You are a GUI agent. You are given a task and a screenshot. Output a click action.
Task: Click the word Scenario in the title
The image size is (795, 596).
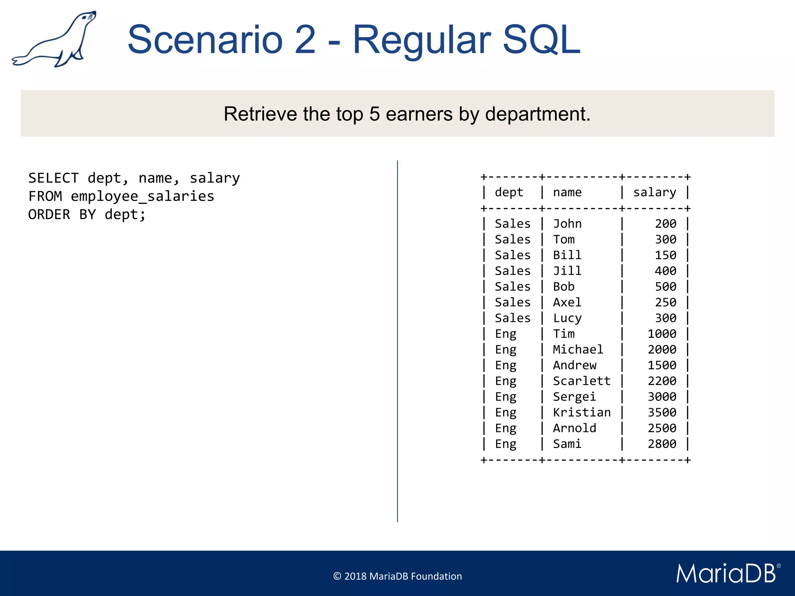coord(205,40)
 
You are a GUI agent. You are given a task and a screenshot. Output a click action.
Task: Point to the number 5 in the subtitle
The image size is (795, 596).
coord(374,114)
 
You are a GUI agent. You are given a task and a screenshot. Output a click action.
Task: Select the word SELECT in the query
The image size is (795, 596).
coord(54,178)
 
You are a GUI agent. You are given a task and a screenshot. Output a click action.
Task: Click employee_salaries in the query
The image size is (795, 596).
coord(142,196)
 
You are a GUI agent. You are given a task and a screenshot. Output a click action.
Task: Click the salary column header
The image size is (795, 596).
coord(654,192)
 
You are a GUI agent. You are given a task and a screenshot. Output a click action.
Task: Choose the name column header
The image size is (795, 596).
coord(567,192)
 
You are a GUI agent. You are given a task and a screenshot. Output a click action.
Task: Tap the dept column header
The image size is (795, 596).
coord(509,192)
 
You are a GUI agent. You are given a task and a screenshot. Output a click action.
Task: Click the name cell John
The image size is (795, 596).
coord(567,224)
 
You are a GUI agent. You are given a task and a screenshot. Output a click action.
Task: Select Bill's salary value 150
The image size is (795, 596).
coord(665,255)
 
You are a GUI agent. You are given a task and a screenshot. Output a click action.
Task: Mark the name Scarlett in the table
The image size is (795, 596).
coord(581,381)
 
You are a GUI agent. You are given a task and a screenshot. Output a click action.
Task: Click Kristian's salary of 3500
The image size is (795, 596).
coord(662,412)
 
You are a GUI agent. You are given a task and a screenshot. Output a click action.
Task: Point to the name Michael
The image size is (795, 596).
coord(578,350)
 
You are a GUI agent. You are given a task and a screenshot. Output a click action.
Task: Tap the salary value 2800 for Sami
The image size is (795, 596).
coord(662,444)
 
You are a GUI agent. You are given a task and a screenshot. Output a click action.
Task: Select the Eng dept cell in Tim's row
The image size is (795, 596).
coord(505,334)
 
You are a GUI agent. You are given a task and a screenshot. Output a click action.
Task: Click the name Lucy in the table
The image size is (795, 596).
coord(567,318)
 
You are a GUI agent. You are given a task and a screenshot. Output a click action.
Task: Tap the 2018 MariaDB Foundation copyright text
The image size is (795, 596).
coord(397,576)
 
